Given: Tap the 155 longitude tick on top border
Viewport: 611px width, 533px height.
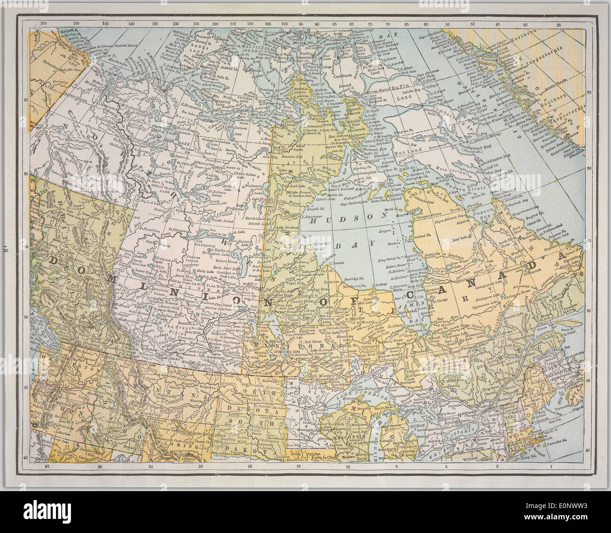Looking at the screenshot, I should tap(44, 22).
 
